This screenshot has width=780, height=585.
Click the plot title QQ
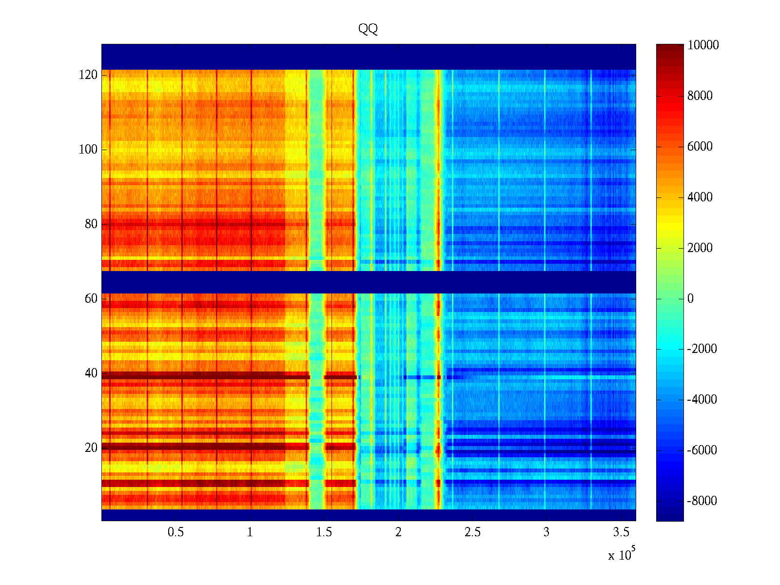coord(368,29)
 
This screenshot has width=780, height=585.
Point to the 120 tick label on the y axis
coord(88,75)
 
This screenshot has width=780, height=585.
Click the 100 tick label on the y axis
coord(88,150)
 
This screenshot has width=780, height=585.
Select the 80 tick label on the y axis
coord(91,224)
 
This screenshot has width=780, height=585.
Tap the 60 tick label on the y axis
coord(91,299)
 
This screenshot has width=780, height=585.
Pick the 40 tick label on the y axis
coord(91,373)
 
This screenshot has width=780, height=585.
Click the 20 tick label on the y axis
coord(91,448)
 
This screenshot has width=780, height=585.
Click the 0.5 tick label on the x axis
coord(176,532)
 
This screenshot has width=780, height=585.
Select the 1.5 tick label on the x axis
coord(324,532)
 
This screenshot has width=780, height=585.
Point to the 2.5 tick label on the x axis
coord(472,532)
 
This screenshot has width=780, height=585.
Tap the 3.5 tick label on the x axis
coord(621,532)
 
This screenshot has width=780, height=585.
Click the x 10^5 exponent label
coord(621,555)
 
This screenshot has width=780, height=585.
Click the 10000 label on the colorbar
coord(703,45)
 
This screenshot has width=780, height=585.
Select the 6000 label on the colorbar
coord(700,147)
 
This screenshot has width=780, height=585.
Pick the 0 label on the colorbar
coord(690,299)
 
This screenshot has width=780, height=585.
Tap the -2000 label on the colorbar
coord(702,349)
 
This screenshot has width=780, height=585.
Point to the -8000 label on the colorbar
coord(702,501)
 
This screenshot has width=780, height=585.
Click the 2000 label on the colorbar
coord(700,248)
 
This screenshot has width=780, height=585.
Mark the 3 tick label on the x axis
coord(546,532)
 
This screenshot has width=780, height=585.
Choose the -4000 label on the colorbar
coord(702,400)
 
